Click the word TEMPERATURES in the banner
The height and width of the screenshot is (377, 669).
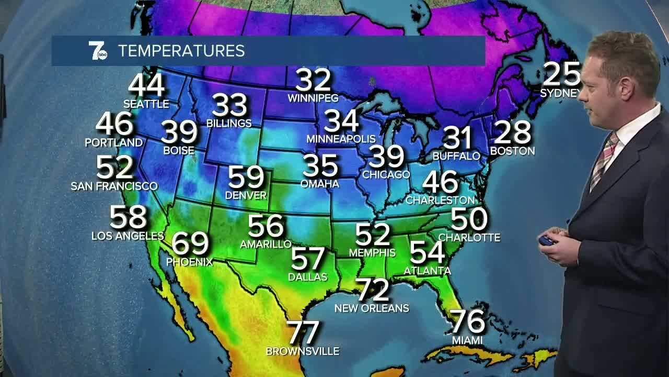coord(181,51)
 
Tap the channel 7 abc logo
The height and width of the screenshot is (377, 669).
coord(97,50)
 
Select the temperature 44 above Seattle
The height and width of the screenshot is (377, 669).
coord(146,85)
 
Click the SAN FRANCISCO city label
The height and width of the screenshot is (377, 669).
coord(114,186)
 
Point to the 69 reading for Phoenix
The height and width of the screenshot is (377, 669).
coord(190,243)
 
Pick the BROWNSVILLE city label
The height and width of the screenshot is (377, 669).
coord(303,351)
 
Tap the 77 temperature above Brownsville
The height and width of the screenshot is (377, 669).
coord(303,332)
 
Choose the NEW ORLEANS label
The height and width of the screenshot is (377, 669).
coord(372,308)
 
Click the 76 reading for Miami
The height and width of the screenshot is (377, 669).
coord(468,321)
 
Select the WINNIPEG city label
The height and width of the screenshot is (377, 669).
coord(313,98)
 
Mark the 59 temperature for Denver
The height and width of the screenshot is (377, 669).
coord(246,177)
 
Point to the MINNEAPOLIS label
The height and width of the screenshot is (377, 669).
coord(341,139)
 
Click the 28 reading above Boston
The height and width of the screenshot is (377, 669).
coord(512,132)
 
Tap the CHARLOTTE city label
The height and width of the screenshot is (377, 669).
coord(469,238)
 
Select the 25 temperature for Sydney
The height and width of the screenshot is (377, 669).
coord(561,74)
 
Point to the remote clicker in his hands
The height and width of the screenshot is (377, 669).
coord(547,240)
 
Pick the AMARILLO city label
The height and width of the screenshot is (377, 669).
coord(266,245)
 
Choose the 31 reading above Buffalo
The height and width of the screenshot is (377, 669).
coord(457,138)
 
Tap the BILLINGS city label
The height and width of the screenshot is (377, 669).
coord(229,124)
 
